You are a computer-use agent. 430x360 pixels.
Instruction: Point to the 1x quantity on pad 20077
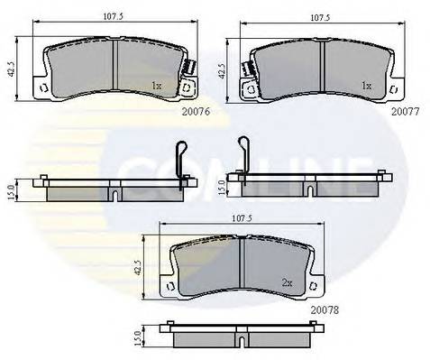tap(365, 87)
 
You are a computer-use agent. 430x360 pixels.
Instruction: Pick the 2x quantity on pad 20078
tap(288, 283)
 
